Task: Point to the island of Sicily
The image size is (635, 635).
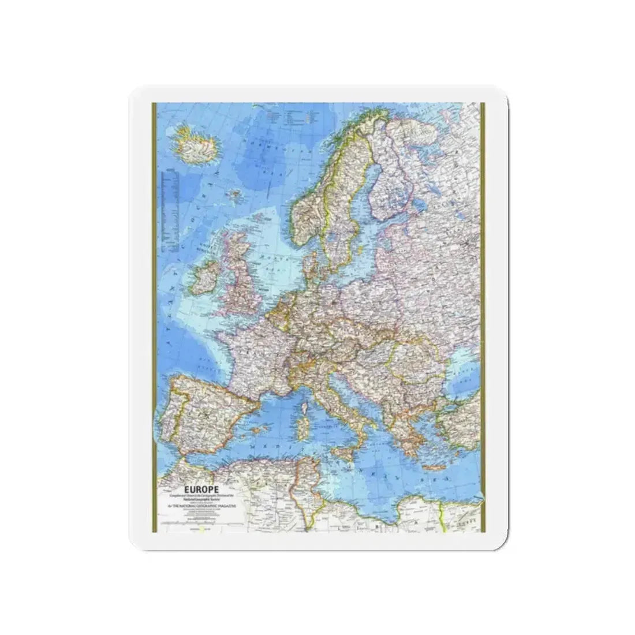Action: [347, 446]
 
